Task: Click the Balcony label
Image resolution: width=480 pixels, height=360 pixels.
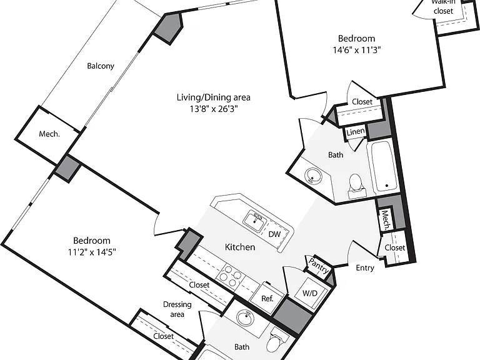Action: [x=101, y=66]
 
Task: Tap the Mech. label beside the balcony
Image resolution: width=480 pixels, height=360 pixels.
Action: [x=49, y=134]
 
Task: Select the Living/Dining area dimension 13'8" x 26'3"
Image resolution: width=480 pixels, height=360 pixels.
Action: [x=213, y=109]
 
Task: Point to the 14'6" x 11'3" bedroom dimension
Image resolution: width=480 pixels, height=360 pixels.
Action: [x=357, y=49]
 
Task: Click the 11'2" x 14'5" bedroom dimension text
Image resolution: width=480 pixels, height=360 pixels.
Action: [x=92, y=252]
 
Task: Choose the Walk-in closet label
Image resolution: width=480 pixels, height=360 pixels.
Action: [x=443, y=7]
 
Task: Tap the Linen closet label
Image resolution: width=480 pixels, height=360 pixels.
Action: [x=356, y=132]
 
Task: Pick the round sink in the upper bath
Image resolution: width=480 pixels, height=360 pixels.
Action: [x=313, y=176]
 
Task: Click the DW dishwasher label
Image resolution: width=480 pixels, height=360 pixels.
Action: [x=274, y=234]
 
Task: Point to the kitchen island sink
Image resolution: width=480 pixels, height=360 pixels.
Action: [x=255, y=220]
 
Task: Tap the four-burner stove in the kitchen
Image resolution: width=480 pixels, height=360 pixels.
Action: [x=229, y=276]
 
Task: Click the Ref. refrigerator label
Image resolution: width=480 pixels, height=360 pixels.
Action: [x=267, y=298]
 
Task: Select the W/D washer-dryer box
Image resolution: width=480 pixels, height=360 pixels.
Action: [x=310, y=293]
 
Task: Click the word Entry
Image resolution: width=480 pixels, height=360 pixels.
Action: [x=365, y=268]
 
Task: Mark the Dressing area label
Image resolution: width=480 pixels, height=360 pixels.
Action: [x=177, y=309]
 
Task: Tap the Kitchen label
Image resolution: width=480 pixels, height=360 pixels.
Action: [x=240, y=247]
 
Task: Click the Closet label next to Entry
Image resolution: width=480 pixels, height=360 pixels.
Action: [x=394, y=247]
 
